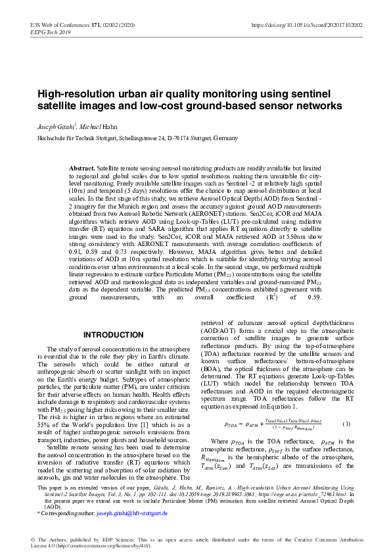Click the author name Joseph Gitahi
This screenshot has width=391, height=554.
point(55,125)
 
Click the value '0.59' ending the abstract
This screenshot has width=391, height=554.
point(313,297)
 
